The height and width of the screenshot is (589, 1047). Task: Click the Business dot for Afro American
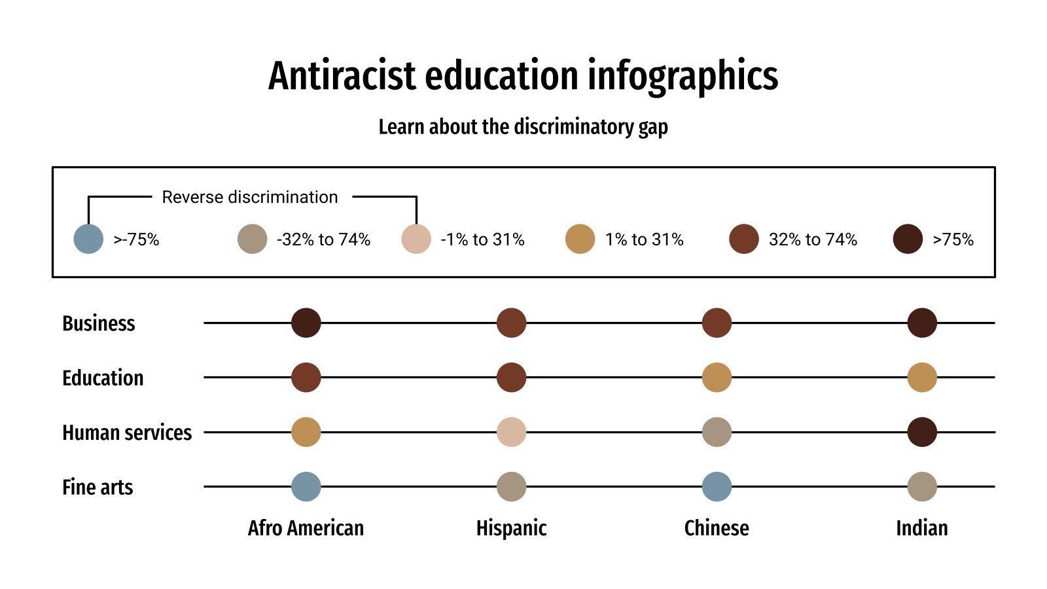coord(306,323)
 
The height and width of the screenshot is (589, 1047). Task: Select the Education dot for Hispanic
coord(511,378)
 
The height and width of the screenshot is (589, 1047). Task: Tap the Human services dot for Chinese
coord(717,432)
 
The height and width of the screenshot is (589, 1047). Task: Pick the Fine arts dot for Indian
coord(922,487)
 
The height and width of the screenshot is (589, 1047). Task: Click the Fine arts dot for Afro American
coord(306,487)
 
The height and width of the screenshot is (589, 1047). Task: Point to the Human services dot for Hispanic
coord(511,432)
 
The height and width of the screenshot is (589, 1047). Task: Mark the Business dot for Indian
coord(922,323)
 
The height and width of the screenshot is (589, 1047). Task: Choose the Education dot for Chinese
coord(717,378)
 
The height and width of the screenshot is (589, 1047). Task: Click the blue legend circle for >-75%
coord(88,239)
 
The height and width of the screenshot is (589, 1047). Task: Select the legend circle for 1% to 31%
coord(580,239)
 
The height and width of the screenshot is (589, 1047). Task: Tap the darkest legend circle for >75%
coord(908,239)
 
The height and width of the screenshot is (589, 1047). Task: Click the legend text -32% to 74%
coord(323,240)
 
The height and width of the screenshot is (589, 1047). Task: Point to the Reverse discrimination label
coord(250,197)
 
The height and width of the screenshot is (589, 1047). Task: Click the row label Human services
coord(127,433)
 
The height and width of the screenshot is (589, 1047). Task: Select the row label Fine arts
coord(98,488)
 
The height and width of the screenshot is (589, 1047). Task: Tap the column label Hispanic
coord(511,528)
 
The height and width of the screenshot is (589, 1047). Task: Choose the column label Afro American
coord(306,528)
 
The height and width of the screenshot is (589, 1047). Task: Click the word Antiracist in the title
coord(342,76)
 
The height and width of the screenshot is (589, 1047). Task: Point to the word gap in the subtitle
coord(653,127)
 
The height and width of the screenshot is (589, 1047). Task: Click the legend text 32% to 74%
coord(813,240)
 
